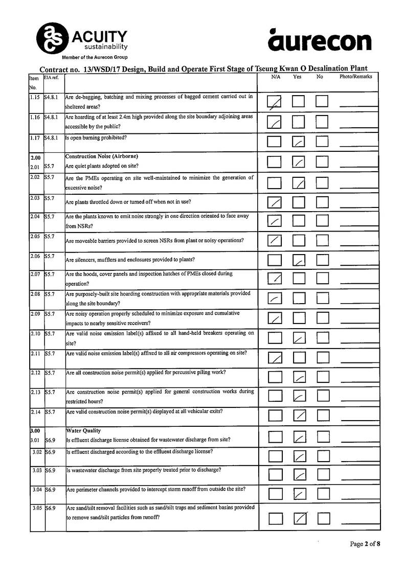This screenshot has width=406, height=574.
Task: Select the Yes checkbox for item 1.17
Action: (x=299, y=142)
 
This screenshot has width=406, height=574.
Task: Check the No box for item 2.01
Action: (x=322, y=162)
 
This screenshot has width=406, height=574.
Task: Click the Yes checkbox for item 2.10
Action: (x=299, y=338)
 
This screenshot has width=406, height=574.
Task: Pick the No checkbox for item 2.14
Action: (x=322, y=416)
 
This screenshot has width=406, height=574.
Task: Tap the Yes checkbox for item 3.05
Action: (x=300, y=518)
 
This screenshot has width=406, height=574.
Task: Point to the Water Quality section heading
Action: (x=84, y=431)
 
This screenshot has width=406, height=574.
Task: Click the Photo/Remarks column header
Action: (x=356, y=77)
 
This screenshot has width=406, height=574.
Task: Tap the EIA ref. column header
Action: (x=52, y=77)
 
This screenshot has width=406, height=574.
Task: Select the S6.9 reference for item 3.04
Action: (x=50, y=490)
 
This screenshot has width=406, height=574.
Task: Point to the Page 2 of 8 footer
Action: (x=365, y=544)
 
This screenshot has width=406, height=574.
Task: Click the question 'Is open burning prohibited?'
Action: (x=96, y=138)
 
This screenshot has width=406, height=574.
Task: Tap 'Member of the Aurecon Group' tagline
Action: (x=95, y=57)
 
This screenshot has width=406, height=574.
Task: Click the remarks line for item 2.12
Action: (x=358, y=381)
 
